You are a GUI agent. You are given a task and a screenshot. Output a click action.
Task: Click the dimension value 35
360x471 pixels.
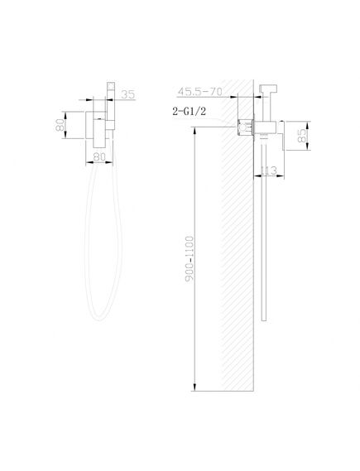point(128,94)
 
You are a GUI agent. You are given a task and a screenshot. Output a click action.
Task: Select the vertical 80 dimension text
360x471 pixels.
point(60,125)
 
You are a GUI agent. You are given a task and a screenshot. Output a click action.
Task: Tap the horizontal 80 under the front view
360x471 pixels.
point(99,156)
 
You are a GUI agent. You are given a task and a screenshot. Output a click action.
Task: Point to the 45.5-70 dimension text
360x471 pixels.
point(200,91)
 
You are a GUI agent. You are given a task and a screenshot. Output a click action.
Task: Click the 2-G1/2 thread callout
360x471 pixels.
point(190,112)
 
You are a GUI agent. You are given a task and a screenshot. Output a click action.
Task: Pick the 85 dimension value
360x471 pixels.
point(303,136)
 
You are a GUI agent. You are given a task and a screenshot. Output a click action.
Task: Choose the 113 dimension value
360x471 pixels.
point(268,171)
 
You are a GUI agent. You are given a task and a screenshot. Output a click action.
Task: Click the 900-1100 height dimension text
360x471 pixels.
point(190,259)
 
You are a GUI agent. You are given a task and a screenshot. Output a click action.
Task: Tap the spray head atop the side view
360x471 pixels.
point(268,89)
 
